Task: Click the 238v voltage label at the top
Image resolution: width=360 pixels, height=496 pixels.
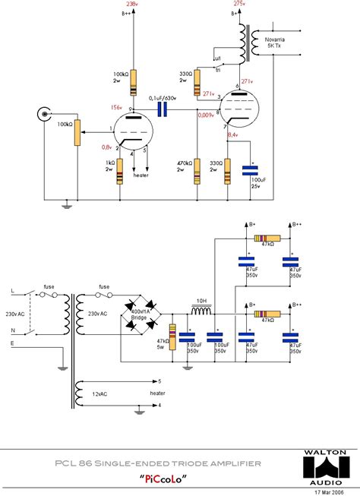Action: click(132, 4)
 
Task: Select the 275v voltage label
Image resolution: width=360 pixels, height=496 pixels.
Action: click(240, 4)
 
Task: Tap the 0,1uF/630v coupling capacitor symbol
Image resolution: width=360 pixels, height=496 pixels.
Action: click(163, 109)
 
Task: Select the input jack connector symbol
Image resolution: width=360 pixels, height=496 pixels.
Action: click(43, 115)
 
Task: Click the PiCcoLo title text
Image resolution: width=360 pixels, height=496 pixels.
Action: click(164, 479)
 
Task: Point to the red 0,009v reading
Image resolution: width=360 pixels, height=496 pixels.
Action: click(205, 115)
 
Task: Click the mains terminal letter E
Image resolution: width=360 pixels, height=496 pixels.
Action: click(11, 343)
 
